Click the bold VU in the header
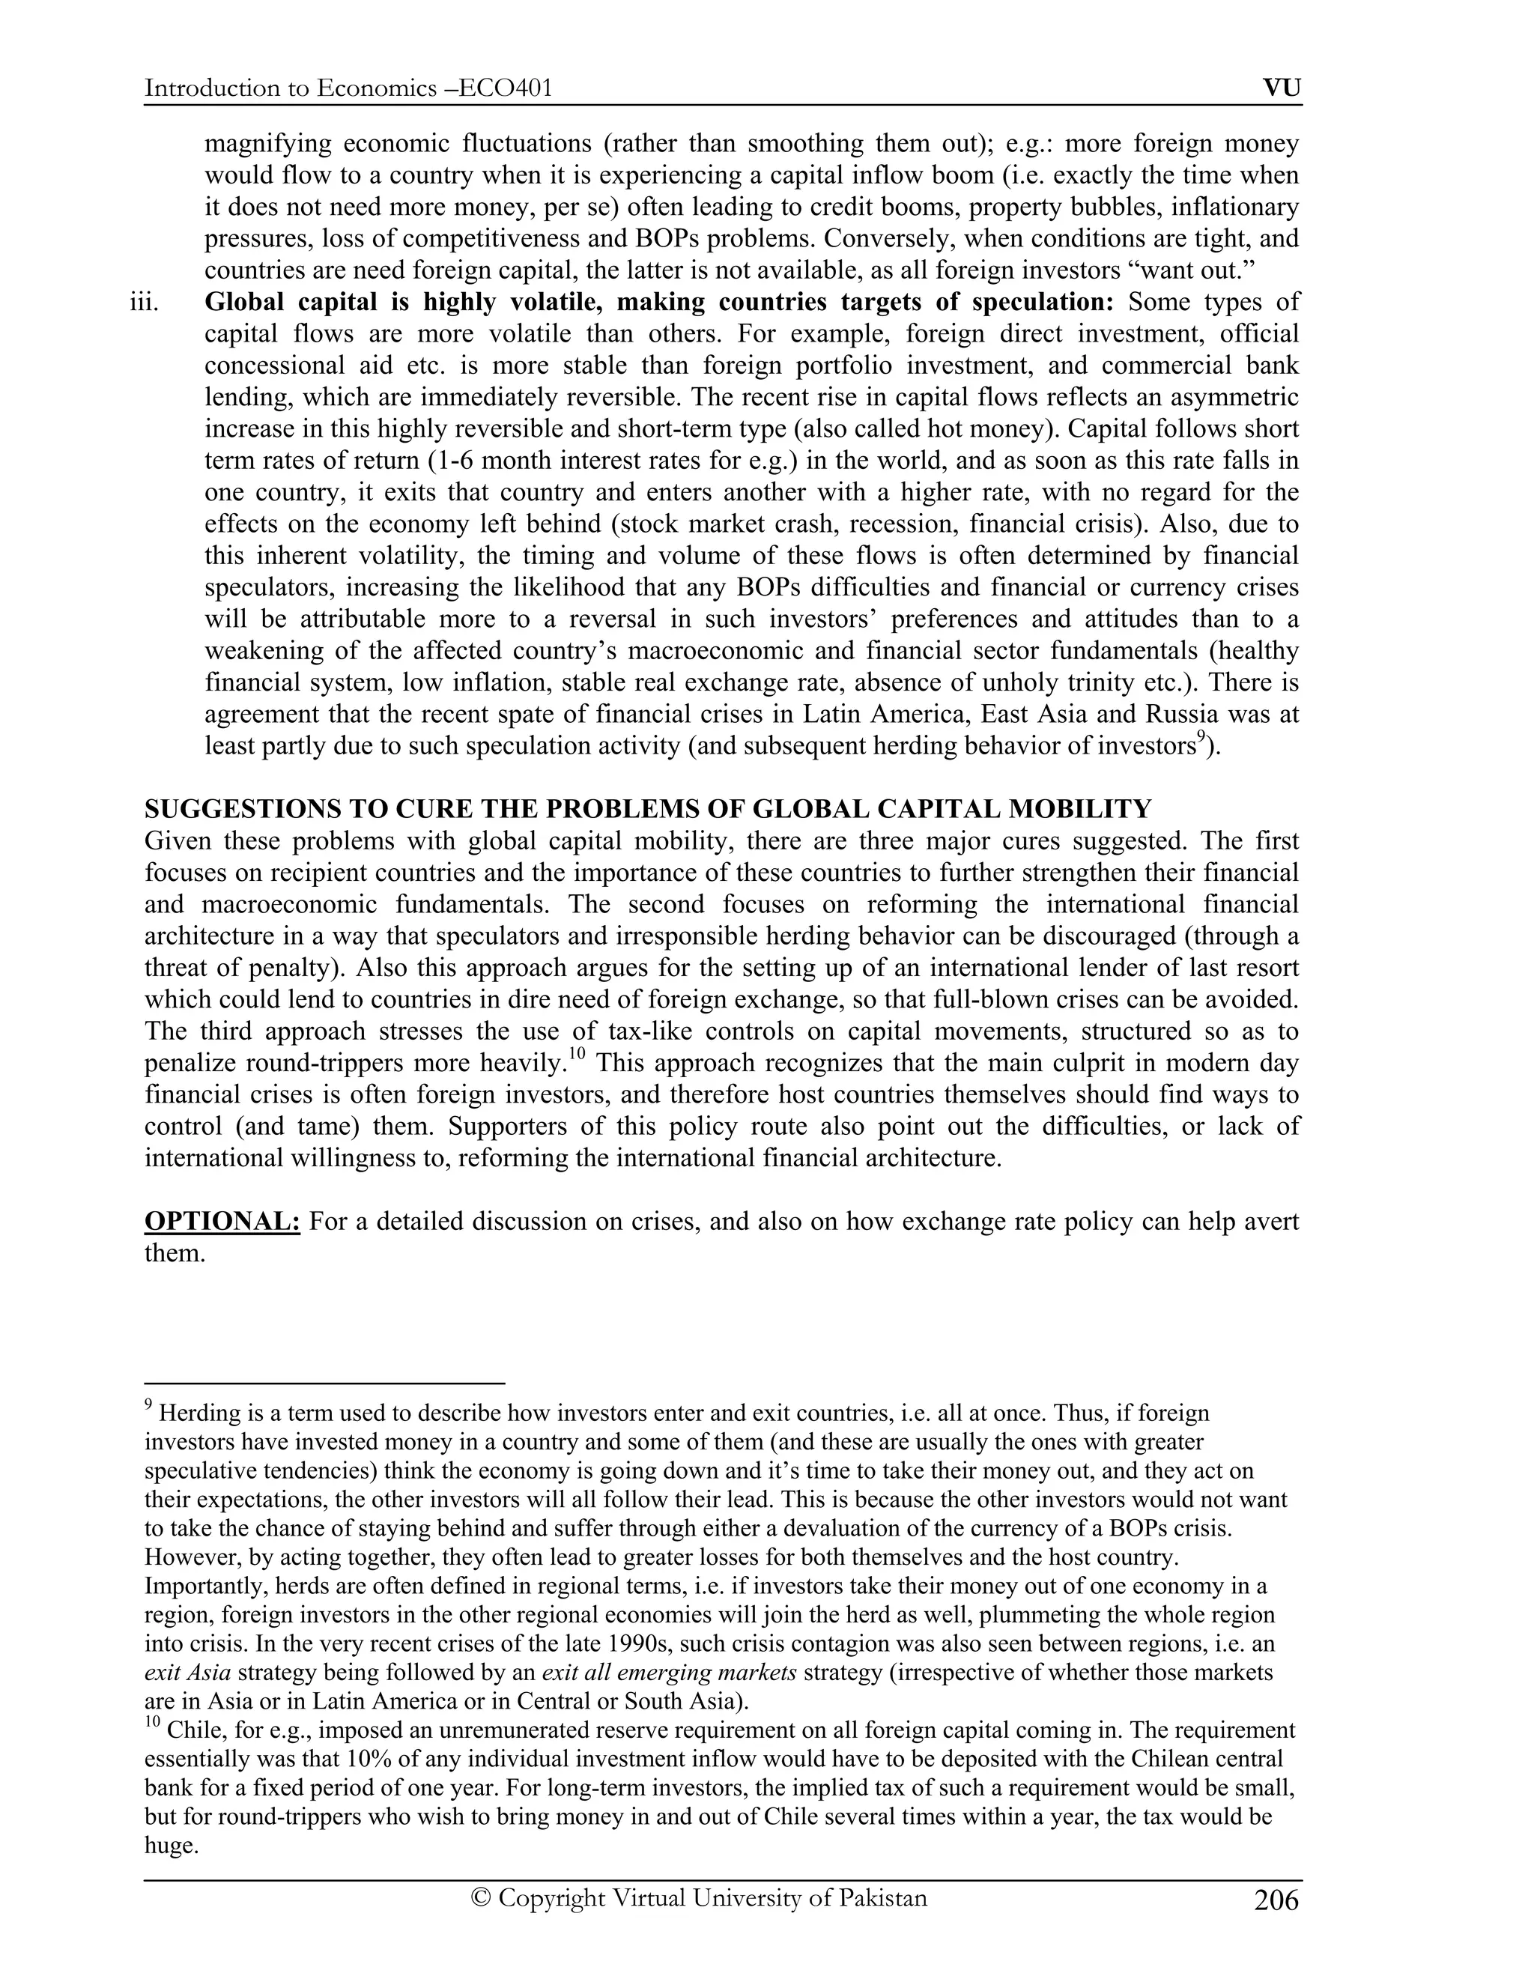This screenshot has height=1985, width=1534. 1282,88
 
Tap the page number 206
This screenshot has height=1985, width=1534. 1276,1900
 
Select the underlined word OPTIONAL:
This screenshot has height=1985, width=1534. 222,1222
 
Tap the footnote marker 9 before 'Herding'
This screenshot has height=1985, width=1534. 149,1406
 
